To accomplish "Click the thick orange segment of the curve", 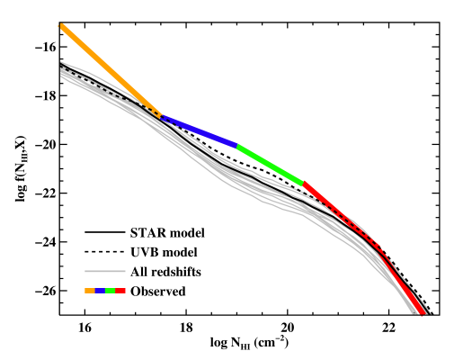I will [110, 70].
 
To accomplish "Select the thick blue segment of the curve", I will [200, 131].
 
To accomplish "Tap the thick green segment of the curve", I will [271, 165].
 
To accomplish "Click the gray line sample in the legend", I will [105, 271].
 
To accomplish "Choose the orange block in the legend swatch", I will [90, 291].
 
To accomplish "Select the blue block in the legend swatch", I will [100, 291].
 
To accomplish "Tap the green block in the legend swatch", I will [111, 291].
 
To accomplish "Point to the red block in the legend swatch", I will [120, 291].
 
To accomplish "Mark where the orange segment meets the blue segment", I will [163, 117].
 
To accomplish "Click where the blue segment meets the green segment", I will [237, 146].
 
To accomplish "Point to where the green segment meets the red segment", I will [304, 184].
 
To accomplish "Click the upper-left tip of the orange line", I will [60, 25].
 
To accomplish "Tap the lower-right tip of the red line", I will [423, 313].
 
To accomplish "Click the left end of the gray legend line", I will [85, 271].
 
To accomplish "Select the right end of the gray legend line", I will [125, 271].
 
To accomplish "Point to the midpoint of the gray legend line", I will [105, 271].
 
